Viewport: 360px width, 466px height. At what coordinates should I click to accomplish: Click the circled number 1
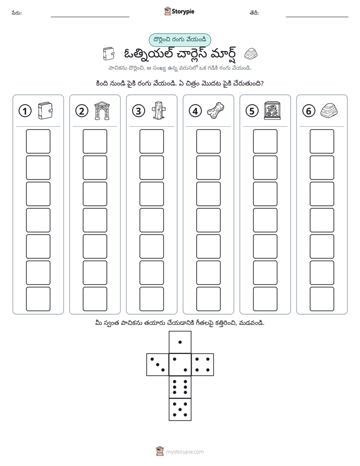25,111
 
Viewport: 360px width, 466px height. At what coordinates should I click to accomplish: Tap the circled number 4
195,111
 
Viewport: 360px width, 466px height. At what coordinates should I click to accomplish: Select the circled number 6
309,111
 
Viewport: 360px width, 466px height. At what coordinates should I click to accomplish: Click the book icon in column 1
45,111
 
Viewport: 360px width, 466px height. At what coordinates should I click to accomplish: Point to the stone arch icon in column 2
102,111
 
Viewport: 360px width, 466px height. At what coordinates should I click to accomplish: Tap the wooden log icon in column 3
159,110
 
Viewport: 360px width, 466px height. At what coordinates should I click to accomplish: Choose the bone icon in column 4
215,110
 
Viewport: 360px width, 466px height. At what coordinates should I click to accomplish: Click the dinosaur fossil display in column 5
272,111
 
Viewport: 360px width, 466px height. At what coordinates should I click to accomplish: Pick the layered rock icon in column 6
329,110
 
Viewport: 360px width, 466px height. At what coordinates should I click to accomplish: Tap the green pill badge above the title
179,40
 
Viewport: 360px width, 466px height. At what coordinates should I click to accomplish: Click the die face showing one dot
180,342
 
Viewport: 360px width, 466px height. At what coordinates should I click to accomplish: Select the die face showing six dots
180,387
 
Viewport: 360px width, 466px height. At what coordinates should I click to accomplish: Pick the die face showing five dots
180,410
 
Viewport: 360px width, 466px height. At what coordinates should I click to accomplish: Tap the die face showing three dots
158,365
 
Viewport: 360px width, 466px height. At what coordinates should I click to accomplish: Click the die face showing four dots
203,365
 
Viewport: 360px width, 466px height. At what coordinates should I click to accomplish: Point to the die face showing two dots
180,365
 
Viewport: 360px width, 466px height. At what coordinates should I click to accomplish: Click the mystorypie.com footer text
185,452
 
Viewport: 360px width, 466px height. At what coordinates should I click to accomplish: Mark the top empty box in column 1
38,141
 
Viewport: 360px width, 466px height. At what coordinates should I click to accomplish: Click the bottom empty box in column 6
322,299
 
